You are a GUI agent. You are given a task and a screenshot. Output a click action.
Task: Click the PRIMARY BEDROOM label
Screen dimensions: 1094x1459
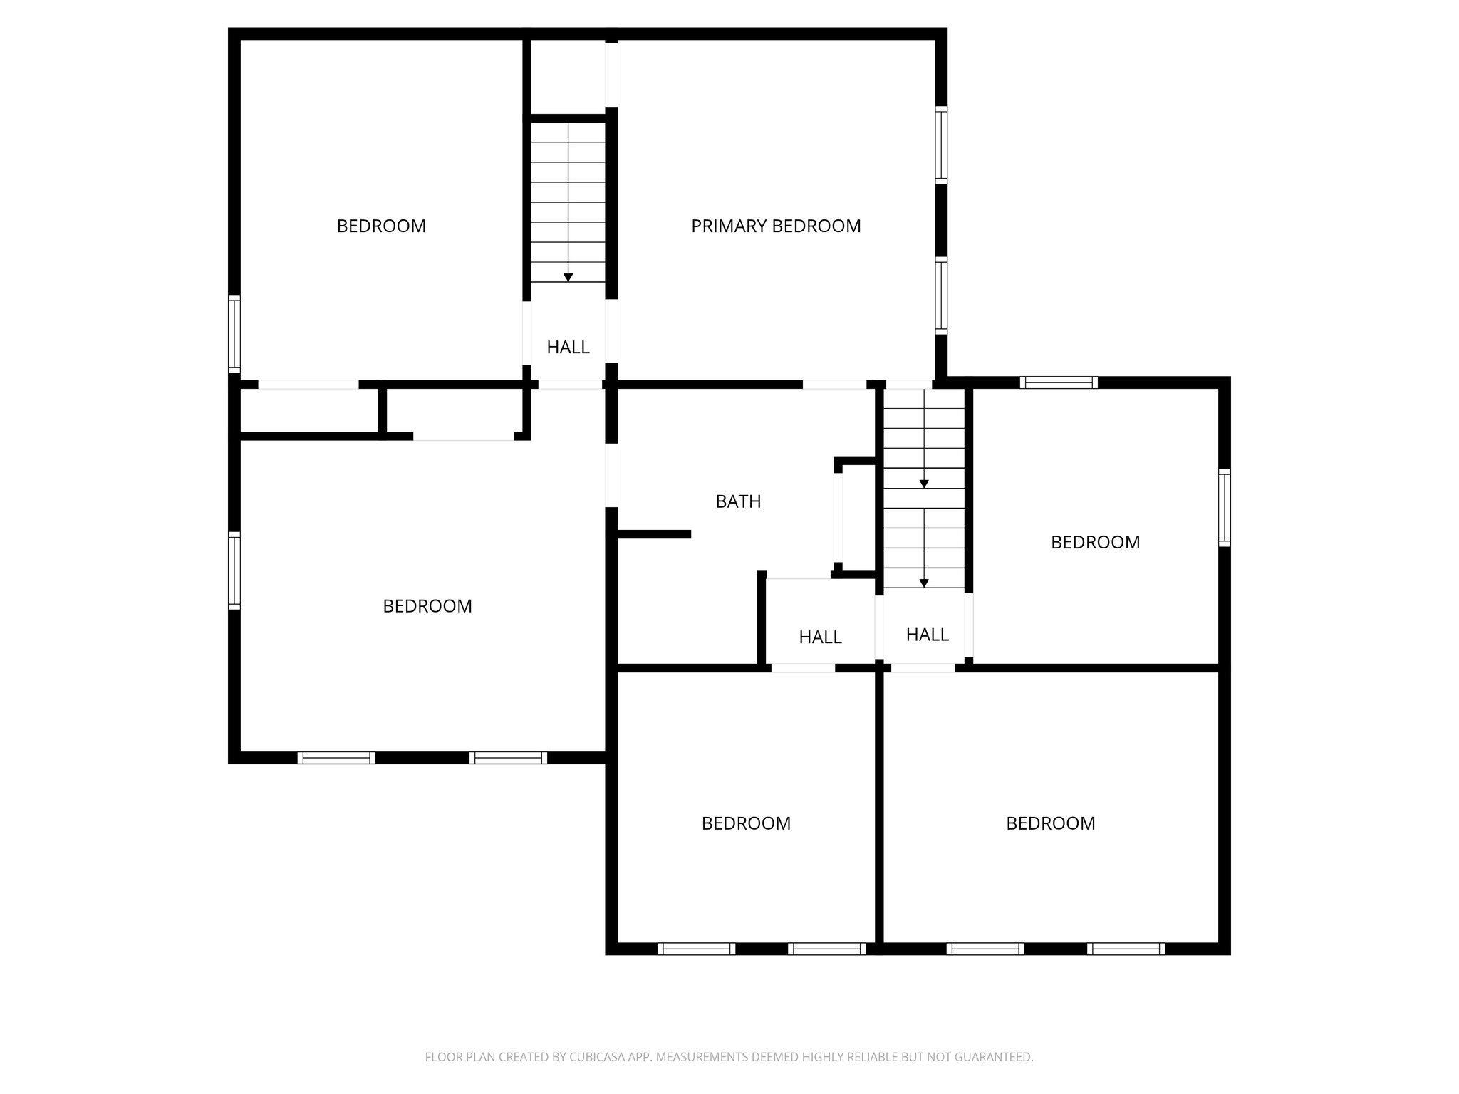click(776, 226)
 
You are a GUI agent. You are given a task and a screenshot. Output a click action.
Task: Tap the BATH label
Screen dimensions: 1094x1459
click(738, 502)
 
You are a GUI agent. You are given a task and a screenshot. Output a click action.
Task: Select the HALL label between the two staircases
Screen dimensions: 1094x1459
click(820, 637)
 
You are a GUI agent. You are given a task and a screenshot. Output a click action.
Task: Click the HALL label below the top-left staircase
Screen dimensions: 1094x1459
click(568, 348)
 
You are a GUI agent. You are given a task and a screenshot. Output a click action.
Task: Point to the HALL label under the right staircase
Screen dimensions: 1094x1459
click(927, 635)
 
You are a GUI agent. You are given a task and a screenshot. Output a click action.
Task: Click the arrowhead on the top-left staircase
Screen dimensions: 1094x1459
click(568, 277)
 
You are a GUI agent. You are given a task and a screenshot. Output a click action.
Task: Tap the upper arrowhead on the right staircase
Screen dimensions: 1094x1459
click(924, 484)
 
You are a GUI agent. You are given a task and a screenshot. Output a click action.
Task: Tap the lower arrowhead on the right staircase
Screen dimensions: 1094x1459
click(924, 583)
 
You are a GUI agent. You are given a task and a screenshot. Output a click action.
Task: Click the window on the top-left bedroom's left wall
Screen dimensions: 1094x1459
click(234, 333)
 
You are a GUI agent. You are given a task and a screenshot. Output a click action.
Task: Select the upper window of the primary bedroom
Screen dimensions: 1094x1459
click(941, 145)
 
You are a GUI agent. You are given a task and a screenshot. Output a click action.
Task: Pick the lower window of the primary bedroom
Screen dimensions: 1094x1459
click(941, 296)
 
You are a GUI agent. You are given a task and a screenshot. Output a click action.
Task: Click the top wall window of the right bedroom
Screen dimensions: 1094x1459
click(1058, 382)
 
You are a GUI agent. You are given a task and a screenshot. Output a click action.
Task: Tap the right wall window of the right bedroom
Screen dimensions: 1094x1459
click(1224, 507)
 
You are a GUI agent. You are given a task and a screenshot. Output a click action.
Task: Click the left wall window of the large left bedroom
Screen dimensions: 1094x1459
click(234, 570)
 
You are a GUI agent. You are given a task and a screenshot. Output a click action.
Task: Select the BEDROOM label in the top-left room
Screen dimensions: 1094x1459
click(381, 226)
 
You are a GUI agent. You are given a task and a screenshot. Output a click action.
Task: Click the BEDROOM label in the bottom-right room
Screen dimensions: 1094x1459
click(1050, 824)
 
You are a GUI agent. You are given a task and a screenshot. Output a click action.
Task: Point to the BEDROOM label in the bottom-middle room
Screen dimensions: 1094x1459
click(746, 824)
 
